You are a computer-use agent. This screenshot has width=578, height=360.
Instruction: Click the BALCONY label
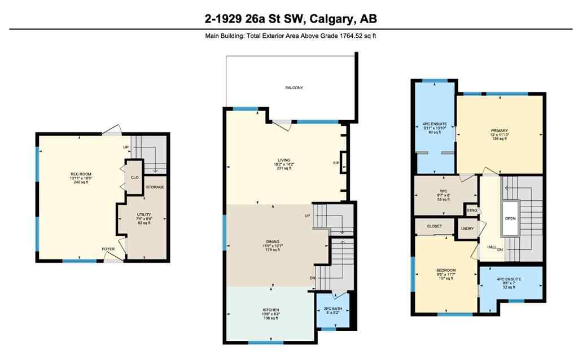(294, 87)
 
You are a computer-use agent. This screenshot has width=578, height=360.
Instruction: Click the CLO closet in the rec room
(134, 177)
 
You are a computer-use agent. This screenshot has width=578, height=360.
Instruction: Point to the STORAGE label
(155, 187)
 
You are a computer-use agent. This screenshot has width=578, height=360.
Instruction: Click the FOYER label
(108, 249)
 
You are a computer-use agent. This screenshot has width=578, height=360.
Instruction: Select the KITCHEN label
(270, 310)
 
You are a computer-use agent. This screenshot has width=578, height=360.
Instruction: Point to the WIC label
(443, 191)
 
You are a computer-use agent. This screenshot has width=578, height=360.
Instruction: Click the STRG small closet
(472, 210)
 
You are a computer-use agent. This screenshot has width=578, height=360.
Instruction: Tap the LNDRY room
(466, 229)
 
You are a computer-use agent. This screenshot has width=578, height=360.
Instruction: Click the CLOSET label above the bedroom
(434, 226)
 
